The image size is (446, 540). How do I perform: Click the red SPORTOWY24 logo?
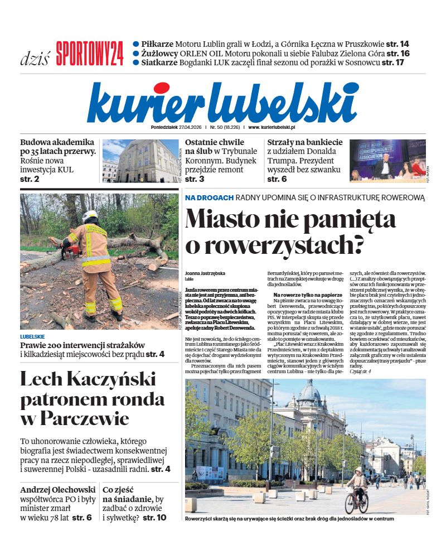[x=89, y=54]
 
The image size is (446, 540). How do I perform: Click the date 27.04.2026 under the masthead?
[x=180, y=127]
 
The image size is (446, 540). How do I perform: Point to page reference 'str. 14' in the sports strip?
[x=397, y=44]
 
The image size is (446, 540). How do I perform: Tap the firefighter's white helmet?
[x=90, y=215]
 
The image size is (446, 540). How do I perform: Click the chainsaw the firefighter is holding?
[x=70, y=250]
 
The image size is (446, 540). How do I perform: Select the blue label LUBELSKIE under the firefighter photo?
[x=32, y=337]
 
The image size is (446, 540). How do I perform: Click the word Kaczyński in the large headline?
[x=108, y=380]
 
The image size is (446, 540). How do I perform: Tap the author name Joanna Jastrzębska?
[x=205, y=274]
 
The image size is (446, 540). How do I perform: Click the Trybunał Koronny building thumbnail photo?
[x=140, y=161]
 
